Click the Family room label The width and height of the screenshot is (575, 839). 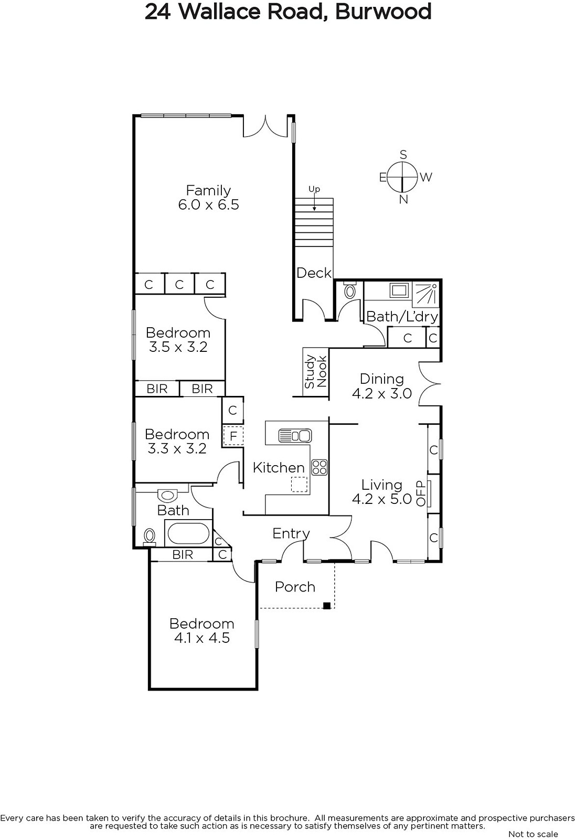coord(208,191)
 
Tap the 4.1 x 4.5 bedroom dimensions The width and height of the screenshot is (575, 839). coord(202,638)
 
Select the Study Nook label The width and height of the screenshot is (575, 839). coord(316,371)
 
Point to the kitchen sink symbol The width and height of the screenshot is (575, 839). coord(295,436)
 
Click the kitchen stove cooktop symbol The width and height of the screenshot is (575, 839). coord(320,467)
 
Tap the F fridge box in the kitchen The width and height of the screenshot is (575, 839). coord(233,436)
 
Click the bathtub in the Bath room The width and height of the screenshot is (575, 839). coord(188,533)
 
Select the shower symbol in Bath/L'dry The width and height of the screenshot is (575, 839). coord(426,294)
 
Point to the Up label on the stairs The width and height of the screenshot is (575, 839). coord(314,189)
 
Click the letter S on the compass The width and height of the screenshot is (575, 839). coord(403,154)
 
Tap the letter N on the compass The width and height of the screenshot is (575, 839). coord(403,199)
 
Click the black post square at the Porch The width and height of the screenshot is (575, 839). coord(327,606)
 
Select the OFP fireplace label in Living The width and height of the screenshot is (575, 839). coord(421,493)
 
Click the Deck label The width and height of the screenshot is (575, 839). coord(314,273)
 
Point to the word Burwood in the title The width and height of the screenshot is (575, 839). coord(383,12)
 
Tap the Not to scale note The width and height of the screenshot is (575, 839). coord(533,834)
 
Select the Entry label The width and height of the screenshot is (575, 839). coord(291,534)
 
